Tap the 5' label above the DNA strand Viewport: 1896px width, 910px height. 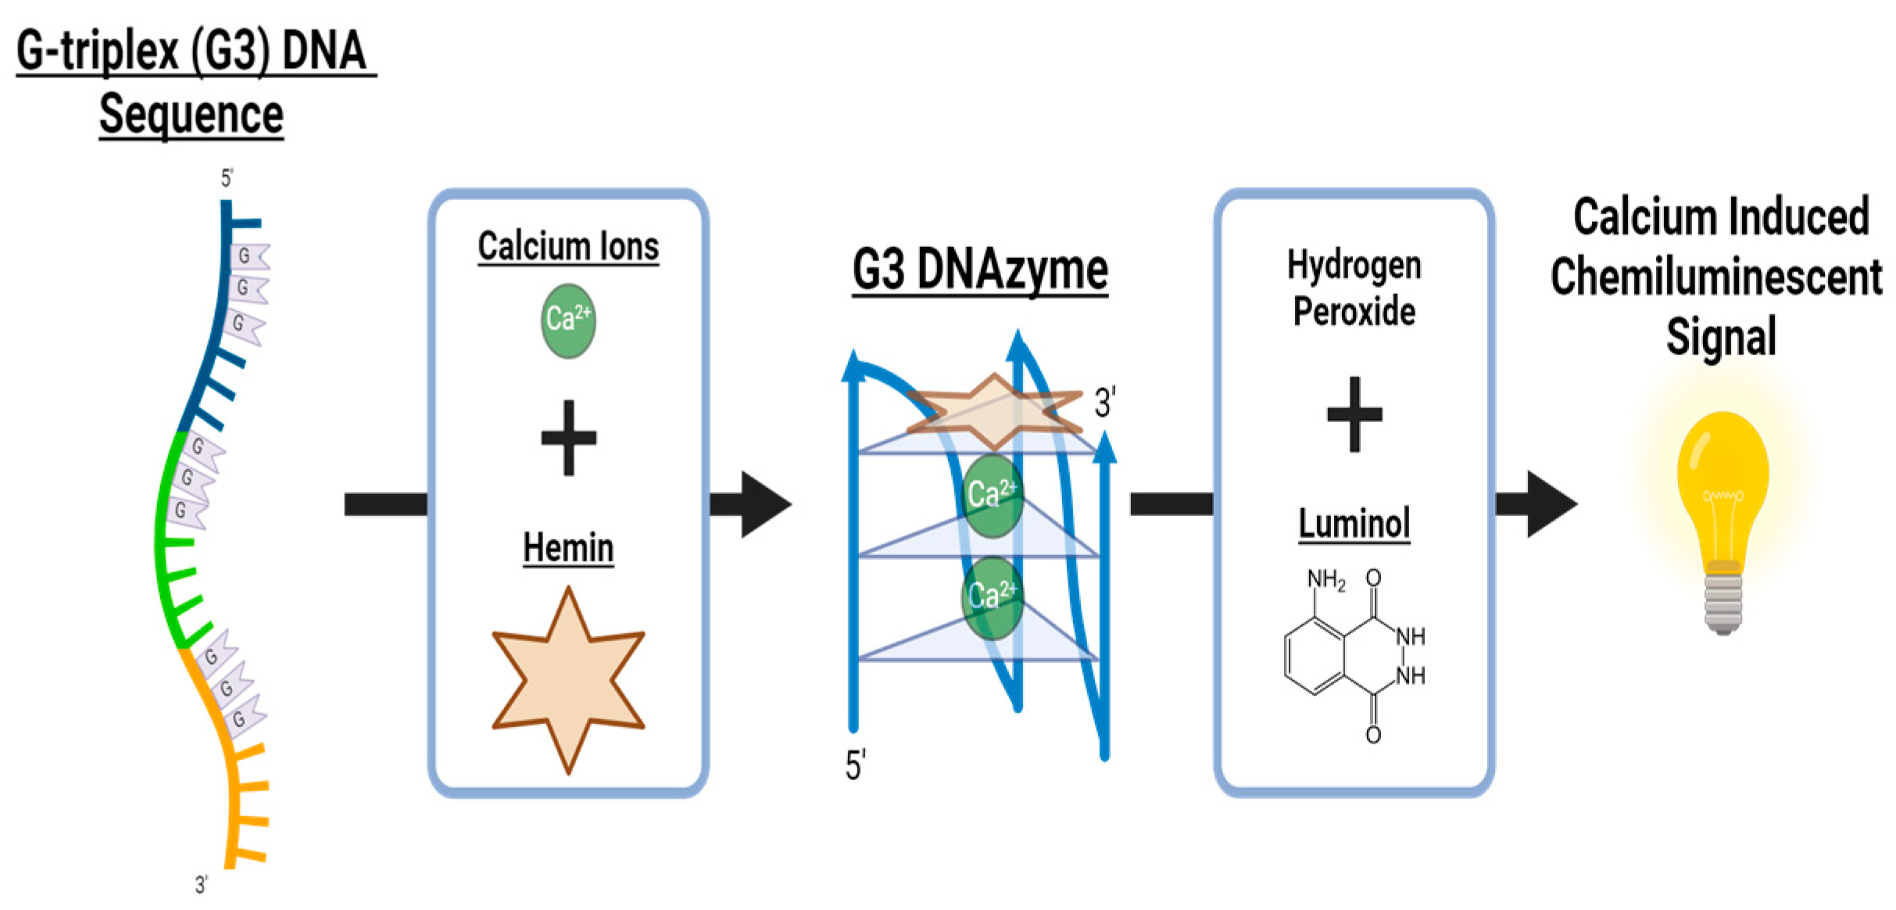[x=227, y=178]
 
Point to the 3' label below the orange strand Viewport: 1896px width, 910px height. [x=202, y=884]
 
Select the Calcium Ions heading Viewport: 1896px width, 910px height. [x=568, y=247]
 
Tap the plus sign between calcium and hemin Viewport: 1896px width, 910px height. [x=568, y=438]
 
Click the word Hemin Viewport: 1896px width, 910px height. [x=568, y=547]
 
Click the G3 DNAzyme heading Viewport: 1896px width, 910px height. [x=979, y=270]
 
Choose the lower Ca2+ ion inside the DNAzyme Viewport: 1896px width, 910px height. [x=992, y=597]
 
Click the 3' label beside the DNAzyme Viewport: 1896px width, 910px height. [x=1104, y=403]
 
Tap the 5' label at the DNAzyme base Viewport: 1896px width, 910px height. [x=855, y=764]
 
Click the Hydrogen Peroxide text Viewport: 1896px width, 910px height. [x=1354, y=288]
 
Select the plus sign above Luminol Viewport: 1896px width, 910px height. [x=1354, y=414]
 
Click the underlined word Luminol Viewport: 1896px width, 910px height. [x=1354, y=523]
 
